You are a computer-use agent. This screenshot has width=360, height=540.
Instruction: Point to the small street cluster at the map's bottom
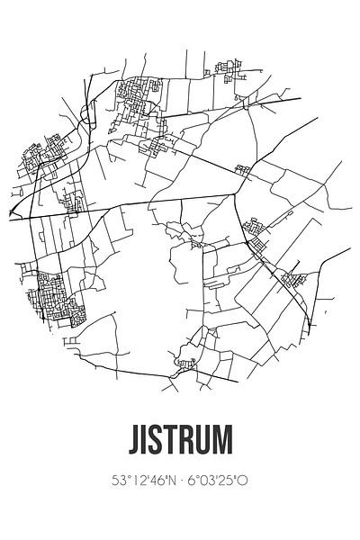(187, 364)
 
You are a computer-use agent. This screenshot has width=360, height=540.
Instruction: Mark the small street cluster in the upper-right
(242, 168)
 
